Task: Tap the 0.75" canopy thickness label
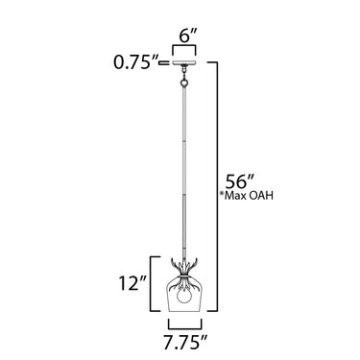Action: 136,62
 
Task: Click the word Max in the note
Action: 235,196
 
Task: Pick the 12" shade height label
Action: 132,283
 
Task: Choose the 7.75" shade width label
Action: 185,343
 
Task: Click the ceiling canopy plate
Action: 184,62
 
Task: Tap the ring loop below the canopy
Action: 184,84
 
